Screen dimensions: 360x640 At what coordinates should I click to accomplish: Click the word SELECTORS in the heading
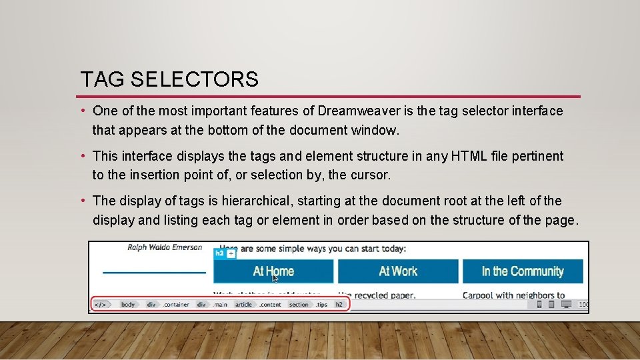tap(195, 80)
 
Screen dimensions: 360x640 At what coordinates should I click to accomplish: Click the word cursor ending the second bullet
tap(371, 175)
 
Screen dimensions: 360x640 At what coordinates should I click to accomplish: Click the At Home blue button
tap(273, 271)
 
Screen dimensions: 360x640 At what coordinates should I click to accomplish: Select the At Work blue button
tap(398, 271)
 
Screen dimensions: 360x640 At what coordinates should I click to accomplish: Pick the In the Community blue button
tap(523, 271)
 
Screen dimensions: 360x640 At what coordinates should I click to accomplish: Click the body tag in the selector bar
tap(128, 305)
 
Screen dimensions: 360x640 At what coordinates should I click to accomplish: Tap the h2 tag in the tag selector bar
tap(339, 305)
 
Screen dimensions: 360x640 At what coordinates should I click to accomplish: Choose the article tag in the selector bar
tap(243, 305)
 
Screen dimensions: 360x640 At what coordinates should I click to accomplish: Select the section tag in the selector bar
tap(299, 305)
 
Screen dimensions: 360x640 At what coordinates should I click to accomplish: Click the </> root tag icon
tap(101, 305)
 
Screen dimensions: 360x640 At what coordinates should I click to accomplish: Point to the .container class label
tap(177, 305)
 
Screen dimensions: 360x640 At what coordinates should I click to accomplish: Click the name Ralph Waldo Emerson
tap(165, 247)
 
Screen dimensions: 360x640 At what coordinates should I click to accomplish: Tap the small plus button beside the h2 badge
tap(231, 253)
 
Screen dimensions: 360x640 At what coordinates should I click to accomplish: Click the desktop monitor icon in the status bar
tap(566, 305)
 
